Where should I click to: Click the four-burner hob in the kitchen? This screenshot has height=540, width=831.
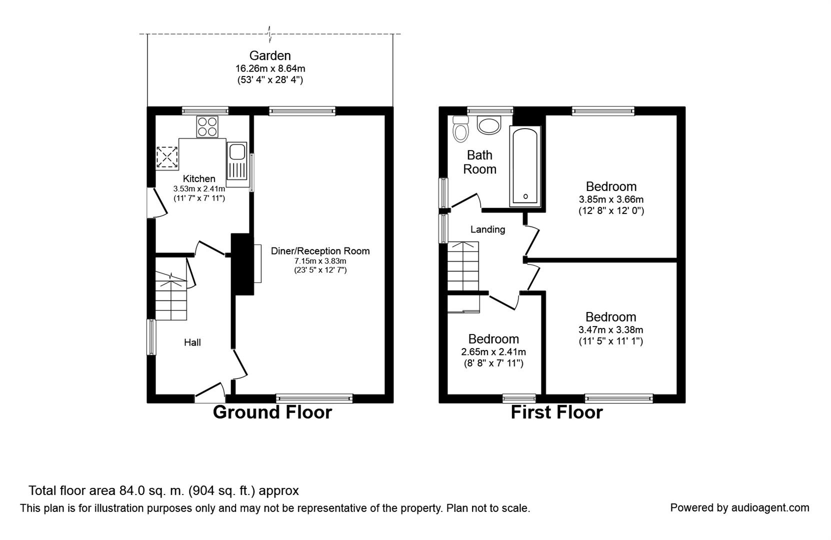coord(207,126)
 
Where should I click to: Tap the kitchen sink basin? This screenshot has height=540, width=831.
coord(236,152)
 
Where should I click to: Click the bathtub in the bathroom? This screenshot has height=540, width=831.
coord(525,166)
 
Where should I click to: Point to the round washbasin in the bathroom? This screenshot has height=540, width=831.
coord(489,124)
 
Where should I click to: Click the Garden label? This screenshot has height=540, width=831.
coord(269,55)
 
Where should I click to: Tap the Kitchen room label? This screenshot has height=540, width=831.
coord(199,178)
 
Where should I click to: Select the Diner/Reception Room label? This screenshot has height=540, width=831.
coord(320,251)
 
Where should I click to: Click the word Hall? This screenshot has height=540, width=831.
coord(192,342)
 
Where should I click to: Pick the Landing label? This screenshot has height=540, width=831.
coord(488,229)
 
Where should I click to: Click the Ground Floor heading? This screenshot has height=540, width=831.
coord(272,412)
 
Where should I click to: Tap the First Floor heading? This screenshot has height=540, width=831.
coord(557,412)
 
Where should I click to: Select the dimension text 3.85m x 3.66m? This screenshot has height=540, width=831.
coord(611,199)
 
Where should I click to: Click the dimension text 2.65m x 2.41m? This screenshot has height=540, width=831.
coord(493,351)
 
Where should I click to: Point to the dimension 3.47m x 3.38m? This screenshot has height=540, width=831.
coord(610,329)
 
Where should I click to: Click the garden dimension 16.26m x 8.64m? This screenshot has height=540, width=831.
coord(270,68)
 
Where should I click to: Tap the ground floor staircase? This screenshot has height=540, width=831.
coord(170,295)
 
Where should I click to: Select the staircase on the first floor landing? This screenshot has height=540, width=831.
coord(463,266)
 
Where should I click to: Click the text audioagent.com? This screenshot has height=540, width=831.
coord(770,507)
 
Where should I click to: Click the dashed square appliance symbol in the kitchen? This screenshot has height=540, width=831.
coord(167,157)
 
